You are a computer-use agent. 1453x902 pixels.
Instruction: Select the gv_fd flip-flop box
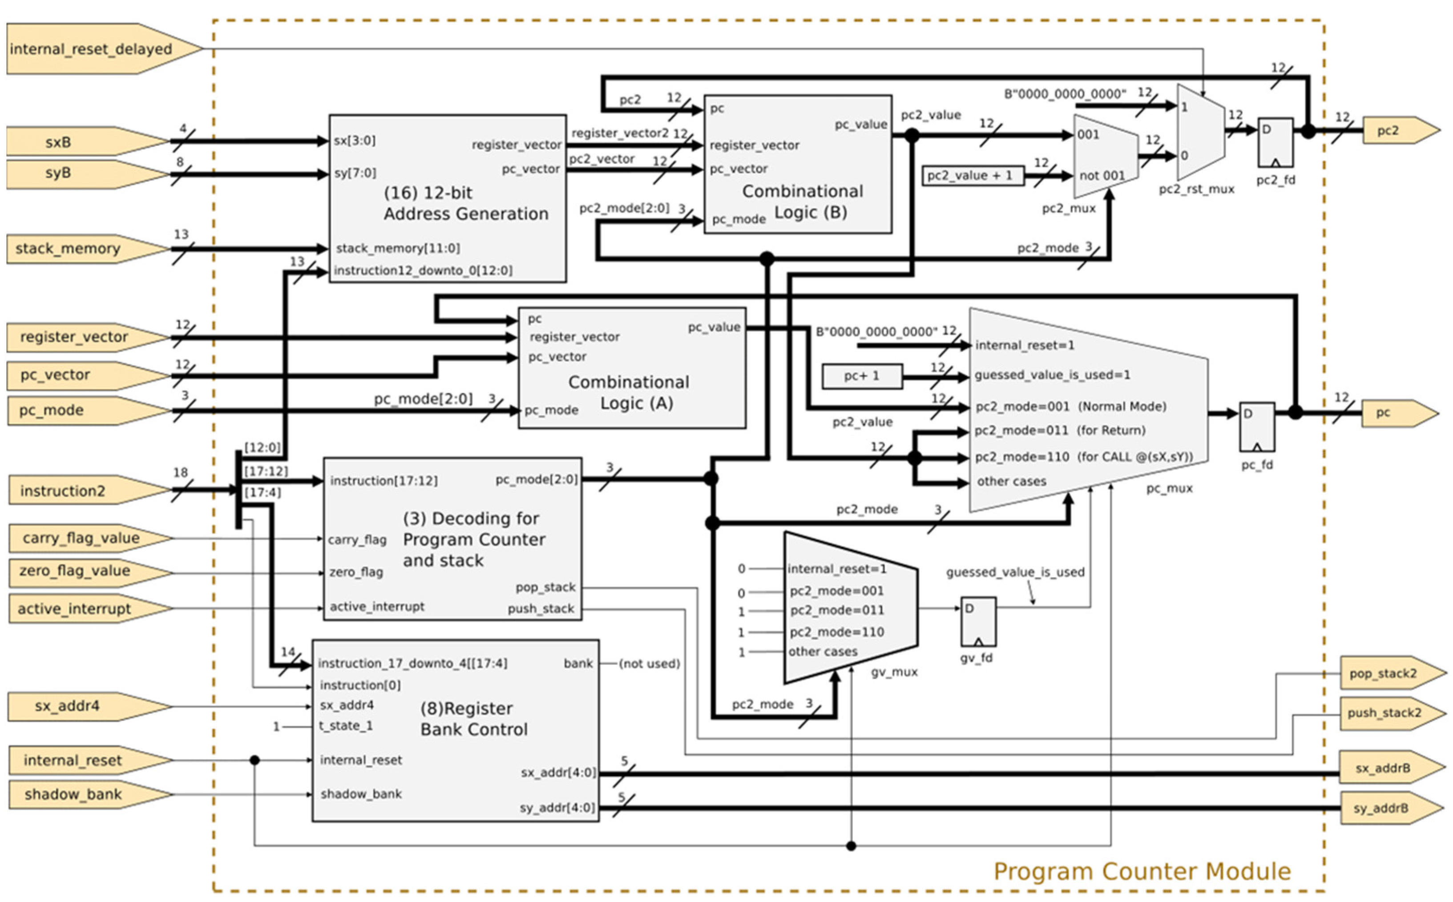[x=978, y=622]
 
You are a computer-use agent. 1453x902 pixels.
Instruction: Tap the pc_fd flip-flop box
[x=1257, y=427]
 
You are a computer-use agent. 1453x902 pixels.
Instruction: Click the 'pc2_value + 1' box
[x=973, y=175]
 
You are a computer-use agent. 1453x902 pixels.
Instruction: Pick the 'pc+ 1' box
[x=862, y=376]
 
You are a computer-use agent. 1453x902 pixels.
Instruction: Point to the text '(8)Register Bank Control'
[x=474, y=719]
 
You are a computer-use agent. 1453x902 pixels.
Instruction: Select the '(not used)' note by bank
[x=649, y=663]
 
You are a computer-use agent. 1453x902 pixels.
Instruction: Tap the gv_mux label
[x=894, y=672]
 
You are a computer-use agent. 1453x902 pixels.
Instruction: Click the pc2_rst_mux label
[x=1196, y=189]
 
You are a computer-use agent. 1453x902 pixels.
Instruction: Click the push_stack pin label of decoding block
[x=541, y=608]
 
